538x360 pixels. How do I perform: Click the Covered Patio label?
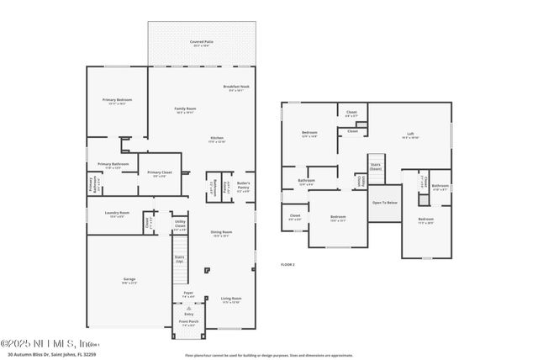[201, 41]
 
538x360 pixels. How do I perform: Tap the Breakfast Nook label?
[236, 87]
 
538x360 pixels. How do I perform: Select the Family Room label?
[185, 109]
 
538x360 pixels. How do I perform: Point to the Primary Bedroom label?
[118, 100]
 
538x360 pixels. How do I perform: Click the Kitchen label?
[217, 139]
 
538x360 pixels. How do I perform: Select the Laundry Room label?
[118, 214]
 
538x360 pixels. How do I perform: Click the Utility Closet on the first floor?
[180, 225]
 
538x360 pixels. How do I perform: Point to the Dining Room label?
[221, 233]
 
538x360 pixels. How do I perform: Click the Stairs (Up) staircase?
[180, 259]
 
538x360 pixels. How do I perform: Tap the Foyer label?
[188, 294]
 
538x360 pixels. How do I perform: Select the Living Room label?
[231, 299]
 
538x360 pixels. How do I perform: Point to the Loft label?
[409, 134]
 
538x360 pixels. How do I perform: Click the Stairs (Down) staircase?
[375, 167]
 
